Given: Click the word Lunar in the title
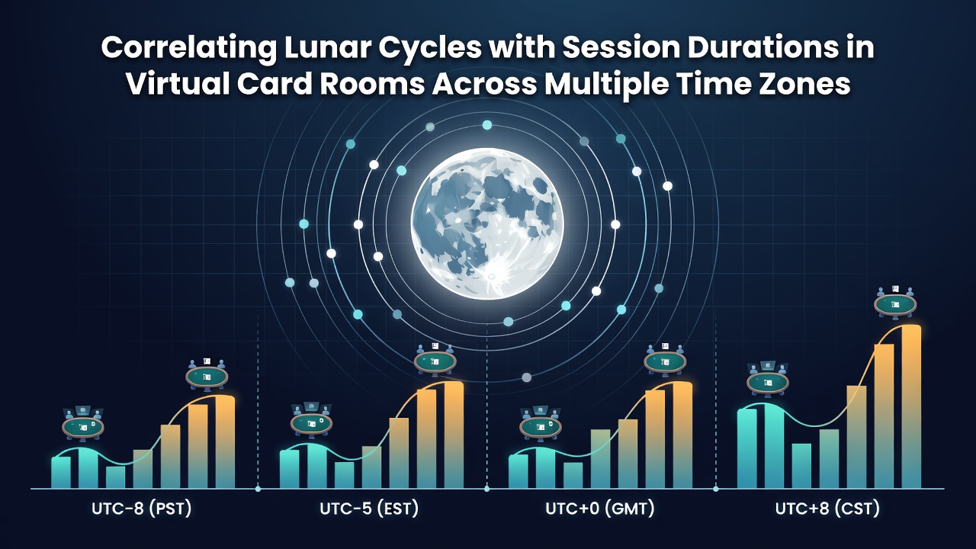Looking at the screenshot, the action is pyautogui.click(x=327, y=47).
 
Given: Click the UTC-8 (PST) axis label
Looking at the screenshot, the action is pyautogui.click(x=142, y=509).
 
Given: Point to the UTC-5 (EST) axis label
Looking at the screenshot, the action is pyautogui.click(x=369, y=509).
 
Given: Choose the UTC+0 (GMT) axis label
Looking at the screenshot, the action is pyautogui.click(x=600, y=509).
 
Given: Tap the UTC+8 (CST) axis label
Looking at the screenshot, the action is pyautogui.click(x=827, y=509).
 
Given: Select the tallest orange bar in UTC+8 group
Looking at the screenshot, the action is pyautogui.click(x=911, y=406).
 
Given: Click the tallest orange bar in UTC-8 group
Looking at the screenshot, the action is pyautogui.click(x=225, y=441).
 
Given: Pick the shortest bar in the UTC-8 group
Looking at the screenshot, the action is pyautogui.click(x=115, y=477).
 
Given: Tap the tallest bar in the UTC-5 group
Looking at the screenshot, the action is pyautogui.click(x=454, y=435).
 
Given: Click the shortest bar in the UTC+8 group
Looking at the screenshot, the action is pyautogui.click(x=801, y=466).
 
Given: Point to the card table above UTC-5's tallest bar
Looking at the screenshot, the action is pyautogui.click(x=435, y=361).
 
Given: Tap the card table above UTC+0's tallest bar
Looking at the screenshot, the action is pyautogui.click(x=665, y=361).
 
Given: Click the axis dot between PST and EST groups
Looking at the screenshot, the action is pyautogui.click(x=258, y=489).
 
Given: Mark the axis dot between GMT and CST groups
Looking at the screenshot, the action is pyautogui.click(x=715, y=489).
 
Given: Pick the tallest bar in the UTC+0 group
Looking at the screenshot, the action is pyautogui.click(x=682, y=435).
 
